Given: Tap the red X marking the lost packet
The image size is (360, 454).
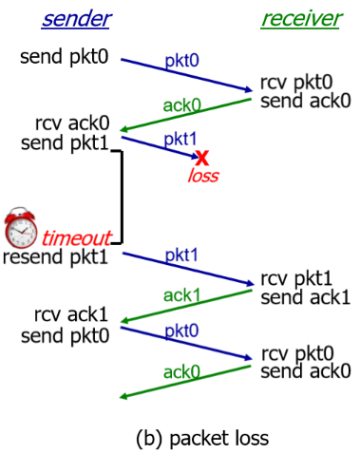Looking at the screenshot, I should click(201, 158).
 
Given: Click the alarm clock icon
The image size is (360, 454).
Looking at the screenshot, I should click(20, 229).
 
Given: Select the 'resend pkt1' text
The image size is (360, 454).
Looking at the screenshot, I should click(56, 256).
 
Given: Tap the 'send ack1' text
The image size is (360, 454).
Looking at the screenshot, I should click(305, 298).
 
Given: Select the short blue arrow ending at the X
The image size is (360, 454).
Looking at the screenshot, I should click(161, 146).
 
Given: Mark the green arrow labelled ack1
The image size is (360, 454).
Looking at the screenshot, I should click(186, 309).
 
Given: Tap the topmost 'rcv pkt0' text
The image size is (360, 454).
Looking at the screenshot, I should click(297, 83).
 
